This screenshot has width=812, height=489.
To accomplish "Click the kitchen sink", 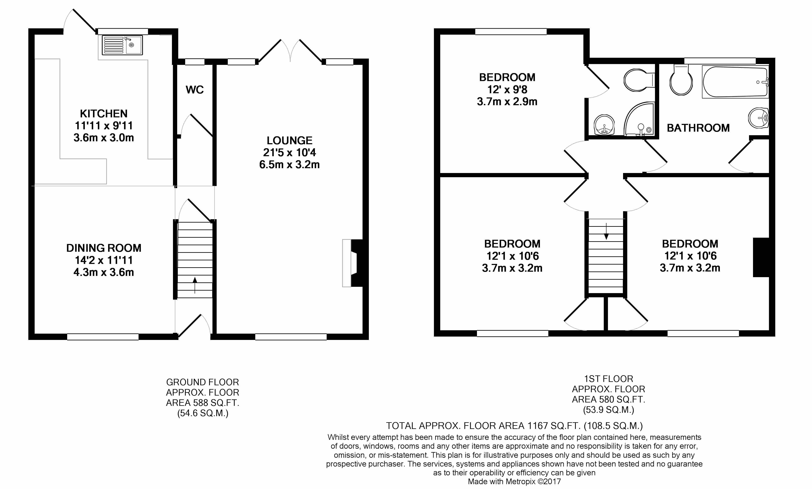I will (x=122, y=45).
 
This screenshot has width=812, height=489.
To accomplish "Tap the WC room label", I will (x=194, y=90).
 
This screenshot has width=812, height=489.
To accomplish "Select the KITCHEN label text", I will (x=103, y=114).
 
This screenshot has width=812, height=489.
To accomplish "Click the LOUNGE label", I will (x=289, y=141).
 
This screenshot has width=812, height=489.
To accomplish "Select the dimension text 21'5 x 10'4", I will (x=289, y=153).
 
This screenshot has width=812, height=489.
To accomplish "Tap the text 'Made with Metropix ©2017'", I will (x=514, y=481).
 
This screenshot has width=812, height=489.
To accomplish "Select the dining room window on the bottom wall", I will (x=103, y=336).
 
